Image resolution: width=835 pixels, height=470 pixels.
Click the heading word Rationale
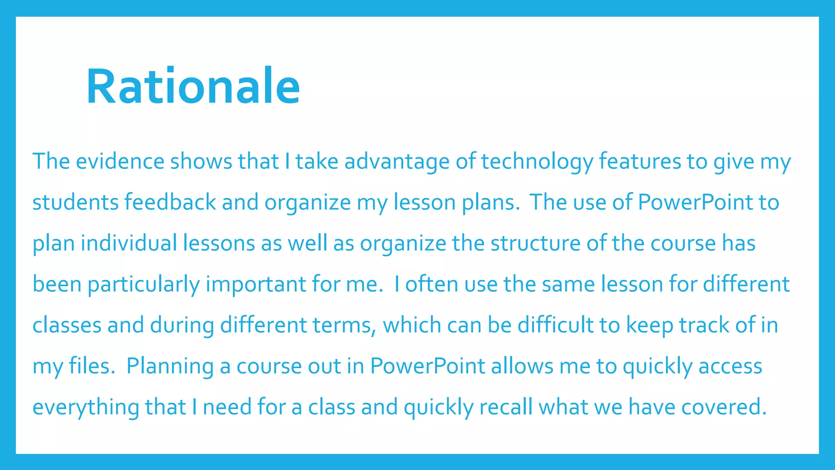[193, 86]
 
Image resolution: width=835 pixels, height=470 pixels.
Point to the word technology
[537, 162]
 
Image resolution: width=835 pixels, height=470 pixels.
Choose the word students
[75, 202]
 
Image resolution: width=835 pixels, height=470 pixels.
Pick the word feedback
[170, 202]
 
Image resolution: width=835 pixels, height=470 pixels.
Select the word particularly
[144, 285]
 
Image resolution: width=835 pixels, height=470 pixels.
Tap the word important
[256, 284]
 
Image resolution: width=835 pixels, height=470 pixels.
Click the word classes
[66, 325]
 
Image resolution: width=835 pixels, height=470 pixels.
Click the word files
[92, 366]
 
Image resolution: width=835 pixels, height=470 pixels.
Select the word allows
[522, 366]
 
